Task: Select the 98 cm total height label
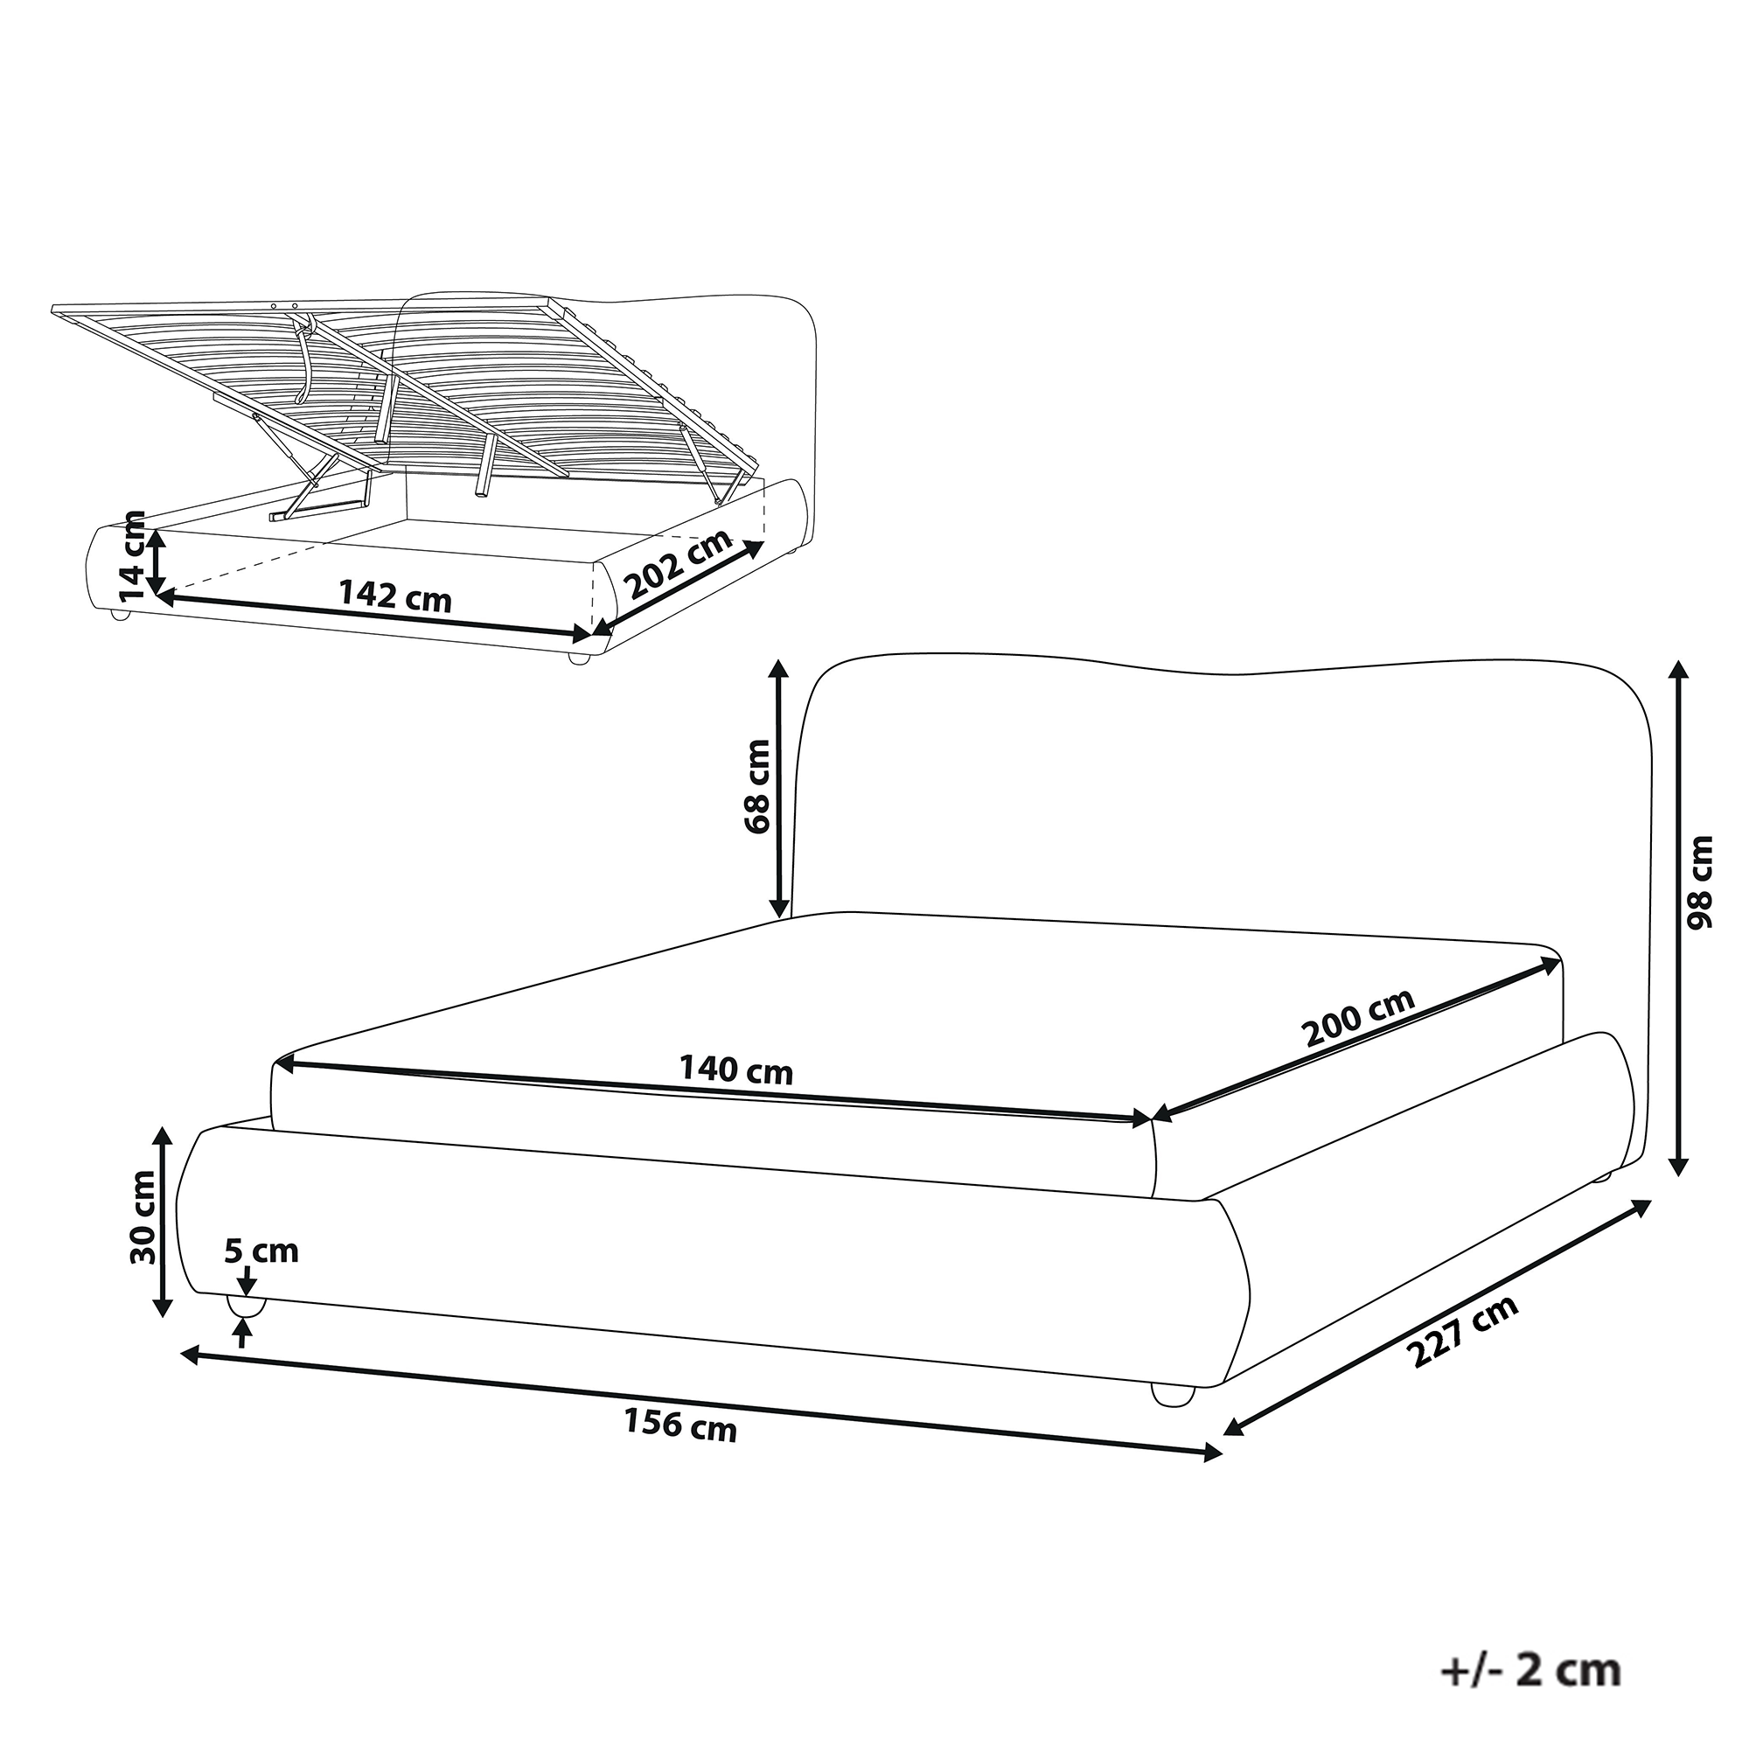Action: pos(1700,881)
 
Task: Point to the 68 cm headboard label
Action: pos(756,786)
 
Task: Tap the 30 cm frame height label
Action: pos(143,1218)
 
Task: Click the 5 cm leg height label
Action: pos(261,1252)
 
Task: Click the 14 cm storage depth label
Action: pos(132,556)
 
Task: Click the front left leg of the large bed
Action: pos(245,1307)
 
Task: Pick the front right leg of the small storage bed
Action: pos(576,658)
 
